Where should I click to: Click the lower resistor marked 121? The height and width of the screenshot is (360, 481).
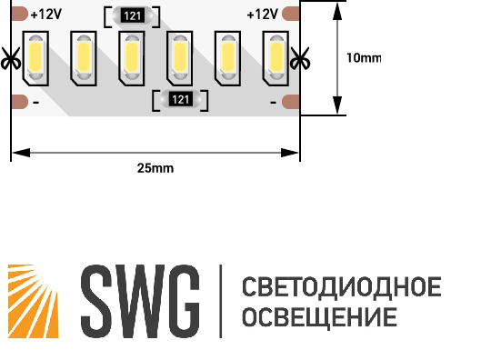coord(180,99)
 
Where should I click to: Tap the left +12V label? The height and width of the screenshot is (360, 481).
coord(45,15)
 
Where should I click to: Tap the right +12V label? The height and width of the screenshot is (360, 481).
coord(262,15)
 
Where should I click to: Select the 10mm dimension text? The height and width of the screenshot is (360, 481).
coord(365,57)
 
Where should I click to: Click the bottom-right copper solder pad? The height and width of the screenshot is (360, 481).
coord(290,102)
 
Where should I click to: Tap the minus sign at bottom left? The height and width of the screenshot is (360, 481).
coord(35,104)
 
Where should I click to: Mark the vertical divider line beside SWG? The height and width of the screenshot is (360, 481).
coord(220,298)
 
